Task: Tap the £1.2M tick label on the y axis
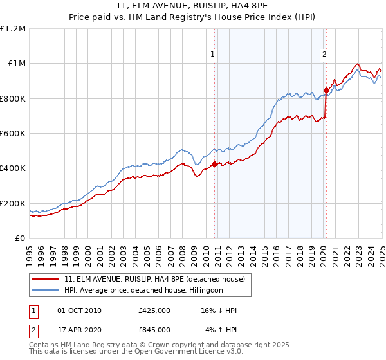13,29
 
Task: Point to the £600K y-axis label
13,134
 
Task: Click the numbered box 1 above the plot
213,55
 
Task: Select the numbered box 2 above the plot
324,55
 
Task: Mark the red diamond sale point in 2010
214,164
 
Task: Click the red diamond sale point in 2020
326,91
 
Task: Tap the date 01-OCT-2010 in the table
79,310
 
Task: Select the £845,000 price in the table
154,330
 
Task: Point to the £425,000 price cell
154,310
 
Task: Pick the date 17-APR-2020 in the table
79,330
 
